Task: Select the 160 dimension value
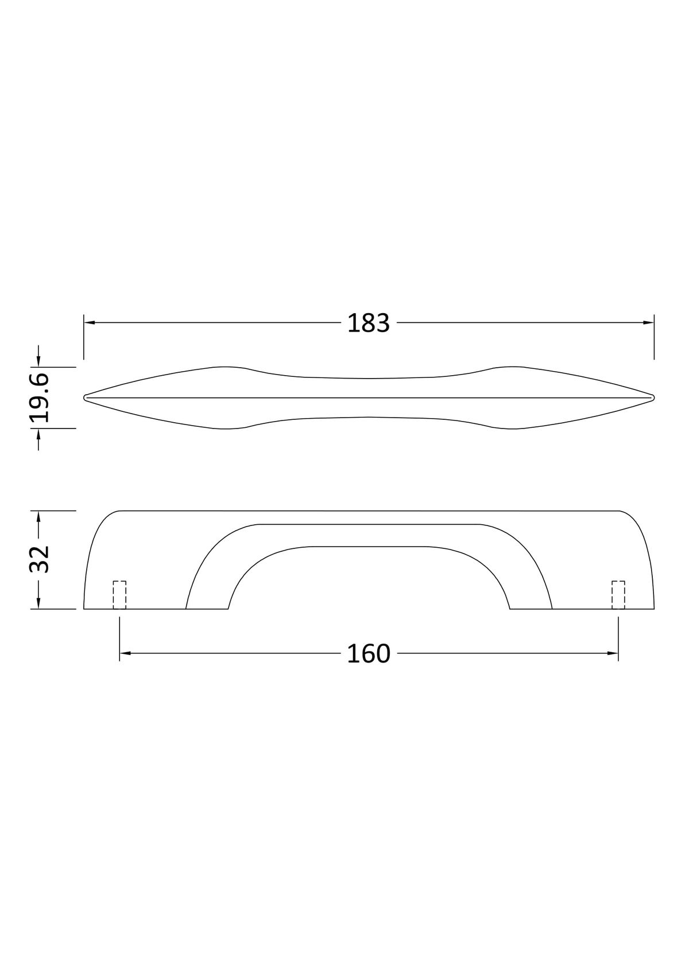pos(369,653)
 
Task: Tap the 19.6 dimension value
pos(40,398)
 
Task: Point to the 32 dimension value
pos(40,560)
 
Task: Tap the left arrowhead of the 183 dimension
pos(89,322)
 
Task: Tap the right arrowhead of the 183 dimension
pos(648,322)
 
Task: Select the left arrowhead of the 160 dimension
pos(125,653)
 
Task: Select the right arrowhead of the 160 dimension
pos(613,653)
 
